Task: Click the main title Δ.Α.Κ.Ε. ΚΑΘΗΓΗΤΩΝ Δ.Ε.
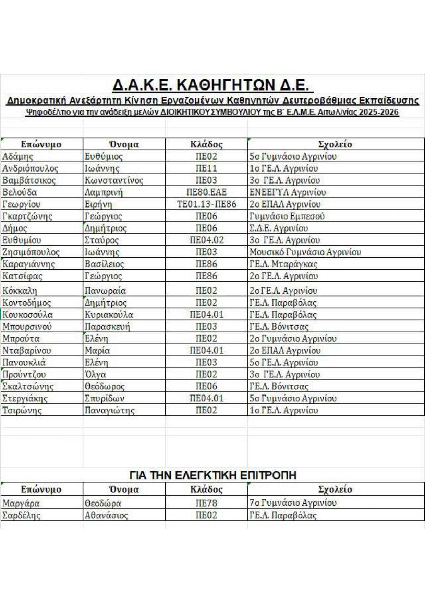point(212,85)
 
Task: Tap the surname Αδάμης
point(18,156)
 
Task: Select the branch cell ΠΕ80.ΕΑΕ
point(206,192)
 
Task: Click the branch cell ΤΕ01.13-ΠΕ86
point(206,204)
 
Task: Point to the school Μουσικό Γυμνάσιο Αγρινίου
point(305,252)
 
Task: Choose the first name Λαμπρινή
point(104,192)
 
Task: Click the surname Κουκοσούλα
point(27,315)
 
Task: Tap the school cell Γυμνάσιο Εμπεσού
point(287,216)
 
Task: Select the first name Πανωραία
point(105,291)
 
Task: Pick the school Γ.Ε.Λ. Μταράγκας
point(283,264)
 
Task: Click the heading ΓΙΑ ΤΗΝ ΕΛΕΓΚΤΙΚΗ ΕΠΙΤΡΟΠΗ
point(212,475)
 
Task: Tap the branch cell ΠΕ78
point(206,503)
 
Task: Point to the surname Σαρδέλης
point(21,515)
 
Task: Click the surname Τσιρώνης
point(22,410)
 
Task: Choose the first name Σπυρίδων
point(105,398)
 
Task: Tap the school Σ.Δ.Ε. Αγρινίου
point(279,228)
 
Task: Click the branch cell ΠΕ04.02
point(206,240)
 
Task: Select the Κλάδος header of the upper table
point(206,144)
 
